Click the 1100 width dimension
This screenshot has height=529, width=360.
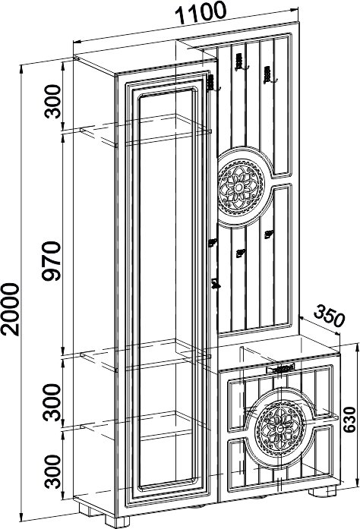[201, 14]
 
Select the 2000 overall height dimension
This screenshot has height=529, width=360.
[9, 310]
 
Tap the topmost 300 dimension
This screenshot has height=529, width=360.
[52, 101]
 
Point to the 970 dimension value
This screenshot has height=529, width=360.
[52, 261]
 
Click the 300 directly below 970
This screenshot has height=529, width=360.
[52, 402]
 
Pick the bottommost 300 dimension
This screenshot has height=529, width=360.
[52, 471]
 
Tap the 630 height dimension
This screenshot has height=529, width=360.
[349, 420]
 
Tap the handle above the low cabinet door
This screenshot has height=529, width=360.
[282, 368]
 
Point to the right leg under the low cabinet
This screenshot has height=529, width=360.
[322, 490]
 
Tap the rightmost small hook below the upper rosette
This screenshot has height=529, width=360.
[269, 235]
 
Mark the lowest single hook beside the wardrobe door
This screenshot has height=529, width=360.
[215, 284]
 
